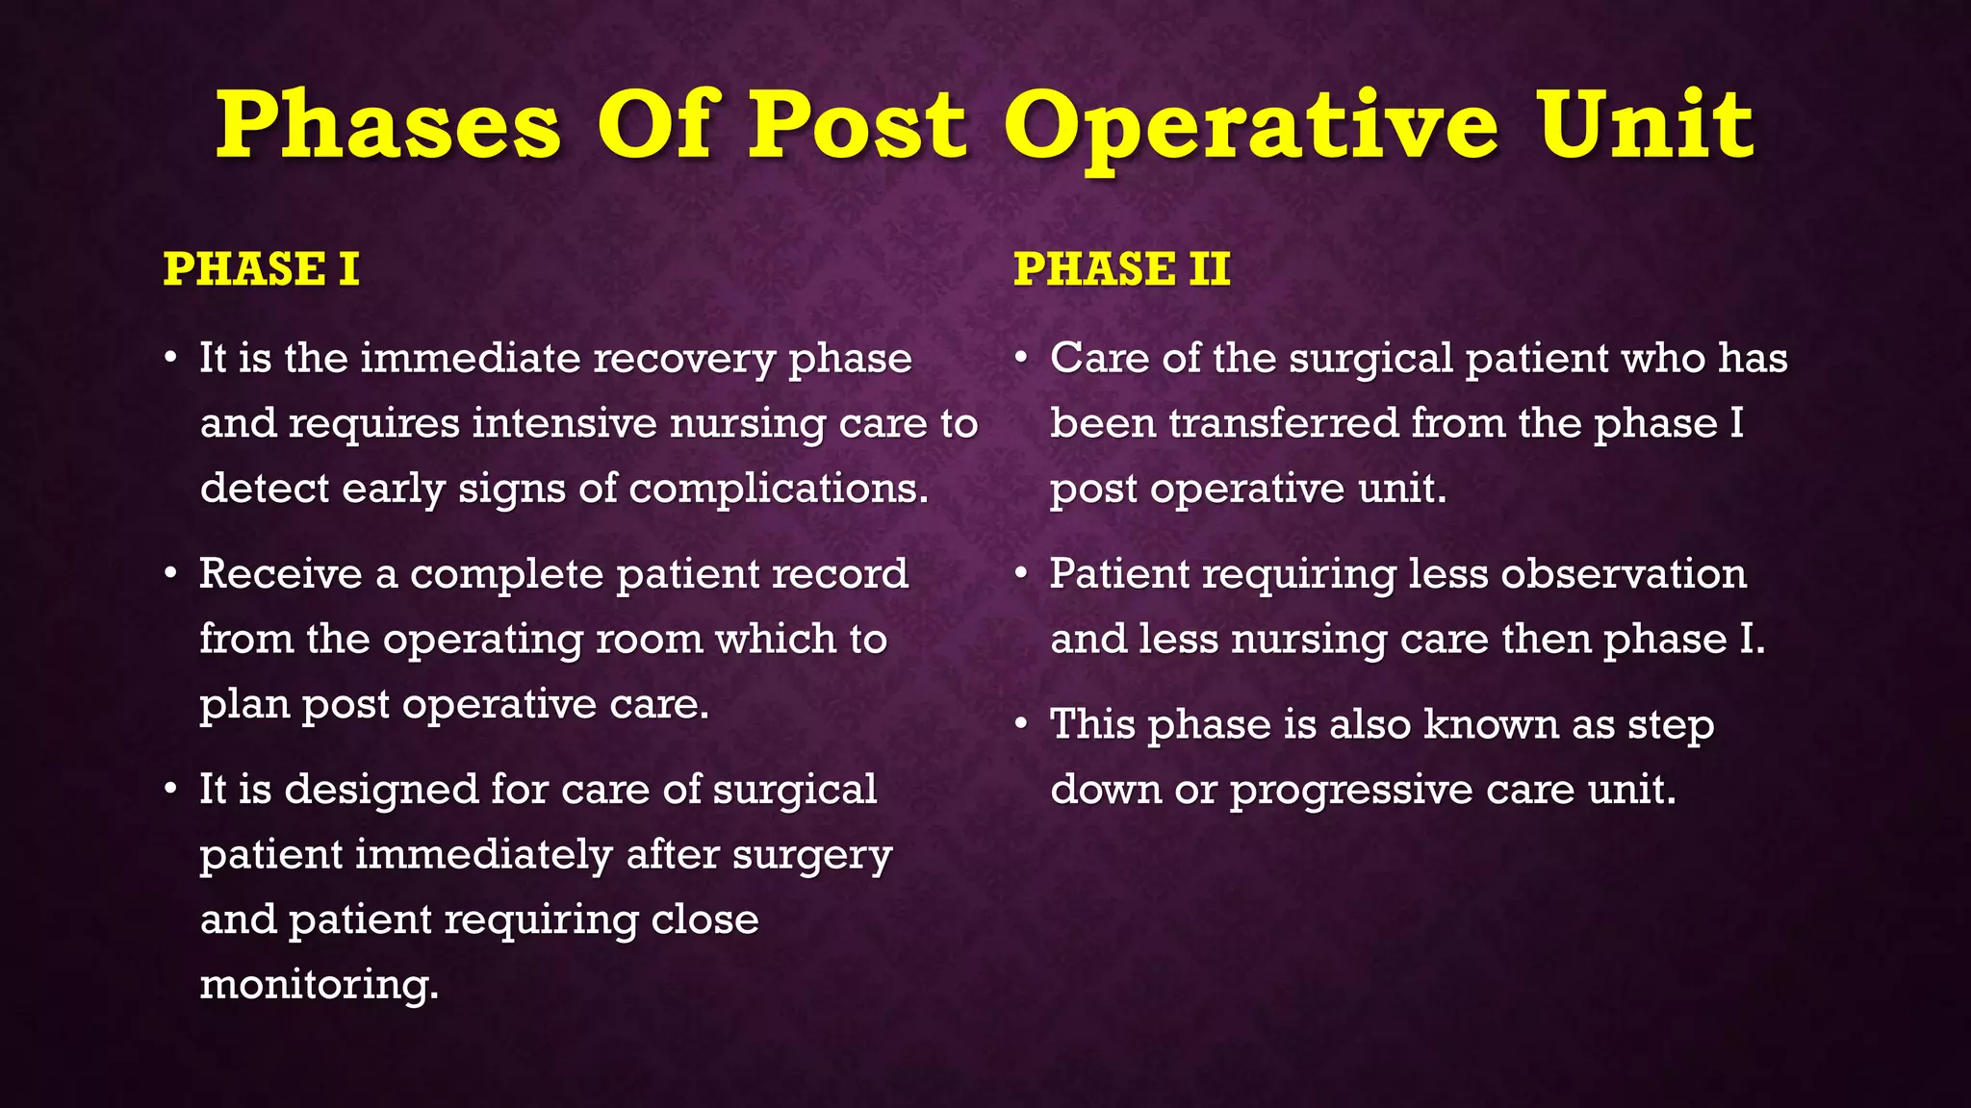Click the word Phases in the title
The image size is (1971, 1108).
point(387,125)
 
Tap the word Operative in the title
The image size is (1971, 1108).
point(1251,127)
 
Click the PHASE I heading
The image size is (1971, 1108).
point(261,269)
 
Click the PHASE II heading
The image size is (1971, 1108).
point(1121,269)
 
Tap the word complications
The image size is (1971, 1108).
point(779,490)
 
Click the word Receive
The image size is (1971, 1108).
point(281,574)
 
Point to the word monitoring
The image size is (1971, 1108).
point(319,985)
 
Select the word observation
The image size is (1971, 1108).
point(1623,574)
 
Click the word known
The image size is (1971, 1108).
point(1491,724)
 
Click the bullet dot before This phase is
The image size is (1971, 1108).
point(1022,726)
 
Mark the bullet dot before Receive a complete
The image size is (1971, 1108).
point(171,575)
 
